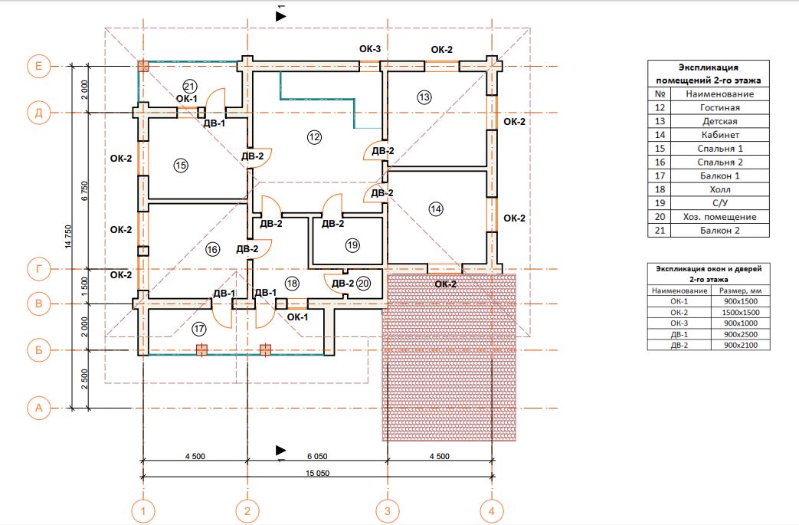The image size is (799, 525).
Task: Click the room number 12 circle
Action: [x=314, y=136]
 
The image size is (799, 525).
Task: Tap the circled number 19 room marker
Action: [x=352, y=245]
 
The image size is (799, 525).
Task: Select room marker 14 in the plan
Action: [x=436, y=208]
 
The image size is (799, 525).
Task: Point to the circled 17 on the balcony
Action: [x=198, y=329]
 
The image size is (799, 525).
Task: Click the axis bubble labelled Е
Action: [x=39, y=66]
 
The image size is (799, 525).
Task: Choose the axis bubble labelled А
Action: [x=39, y=408]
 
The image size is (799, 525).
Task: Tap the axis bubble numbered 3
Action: [x=388, y=510]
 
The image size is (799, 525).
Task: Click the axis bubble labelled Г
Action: [x=39, y=268]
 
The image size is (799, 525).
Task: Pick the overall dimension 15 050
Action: [x=317, y=473]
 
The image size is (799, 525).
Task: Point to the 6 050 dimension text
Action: [x=317, y=456]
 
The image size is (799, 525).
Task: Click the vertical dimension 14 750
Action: [x=68, y=237]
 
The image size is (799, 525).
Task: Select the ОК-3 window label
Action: [x=370, y=49]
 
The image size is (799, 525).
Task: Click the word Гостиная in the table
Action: [x=719, y=107]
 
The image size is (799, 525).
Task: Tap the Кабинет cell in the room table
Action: [x=719, y=135]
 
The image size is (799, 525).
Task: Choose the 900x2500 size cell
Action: [x=741, y=334]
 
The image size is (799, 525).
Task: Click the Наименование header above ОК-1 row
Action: [x=679, y=290]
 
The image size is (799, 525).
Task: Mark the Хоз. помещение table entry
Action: [x=719, y=217]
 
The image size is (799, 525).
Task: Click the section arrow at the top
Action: [x=281, y=16]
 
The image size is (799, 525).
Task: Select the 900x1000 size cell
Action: [x=741, y=323]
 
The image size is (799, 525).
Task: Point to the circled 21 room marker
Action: [x=189, y=86]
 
